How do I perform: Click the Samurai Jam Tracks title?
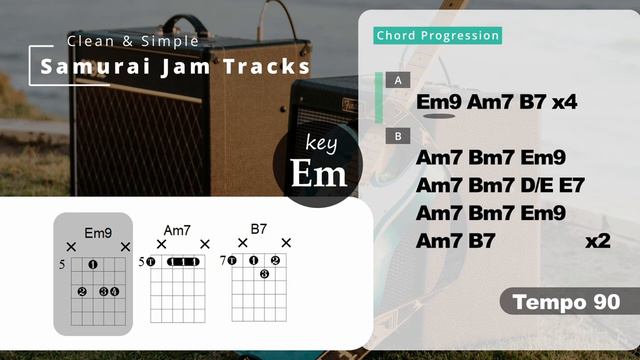(175, 67)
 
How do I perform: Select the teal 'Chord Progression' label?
(437, 36)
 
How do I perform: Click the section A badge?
(399, 79)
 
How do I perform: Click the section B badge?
(399, 136)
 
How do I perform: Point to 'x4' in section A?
(564, 102)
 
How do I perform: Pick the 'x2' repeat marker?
(597, 240)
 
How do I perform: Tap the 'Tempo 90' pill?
(566, 302)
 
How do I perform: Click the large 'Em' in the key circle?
(319, 173)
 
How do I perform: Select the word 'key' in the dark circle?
(322, 143)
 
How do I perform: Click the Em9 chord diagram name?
(98, 233)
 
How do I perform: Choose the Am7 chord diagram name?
(176, 230)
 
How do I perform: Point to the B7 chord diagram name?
(258, 229)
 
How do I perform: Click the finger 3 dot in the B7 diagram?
(264, 274)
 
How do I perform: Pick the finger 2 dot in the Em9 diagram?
(81, 291)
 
